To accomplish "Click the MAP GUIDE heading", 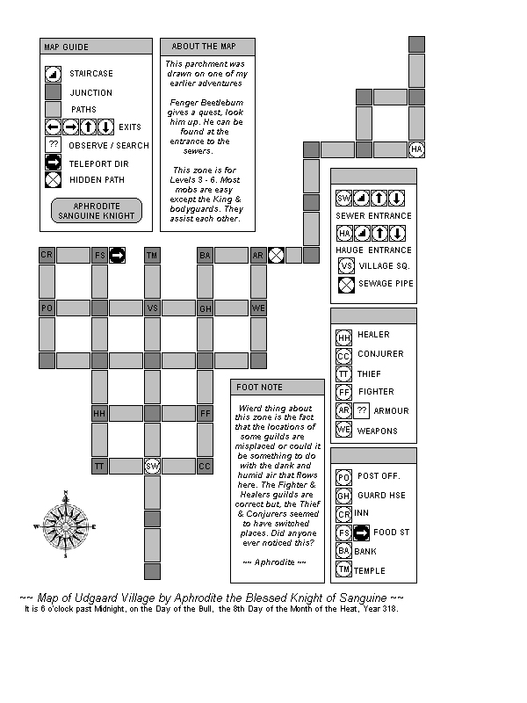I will point(66,47).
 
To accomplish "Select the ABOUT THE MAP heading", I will point(199,47).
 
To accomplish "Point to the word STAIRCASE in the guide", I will point(91,75).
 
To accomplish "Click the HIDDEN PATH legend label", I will point(97,180).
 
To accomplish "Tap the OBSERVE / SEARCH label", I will point(110,145).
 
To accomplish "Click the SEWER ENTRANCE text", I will point(373,215).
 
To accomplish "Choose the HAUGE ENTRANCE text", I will point(373,250).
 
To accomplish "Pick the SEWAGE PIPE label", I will point(386,284).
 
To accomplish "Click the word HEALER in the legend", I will point(373,335).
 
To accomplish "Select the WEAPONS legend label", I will point(378,431).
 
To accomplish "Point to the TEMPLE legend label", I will point(370,571).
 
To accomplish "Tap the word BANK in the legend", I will point(365,551).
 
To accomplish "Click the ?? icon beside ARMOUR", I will point(362,410).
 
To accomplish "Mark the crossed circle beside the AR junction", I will point(276,255).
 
